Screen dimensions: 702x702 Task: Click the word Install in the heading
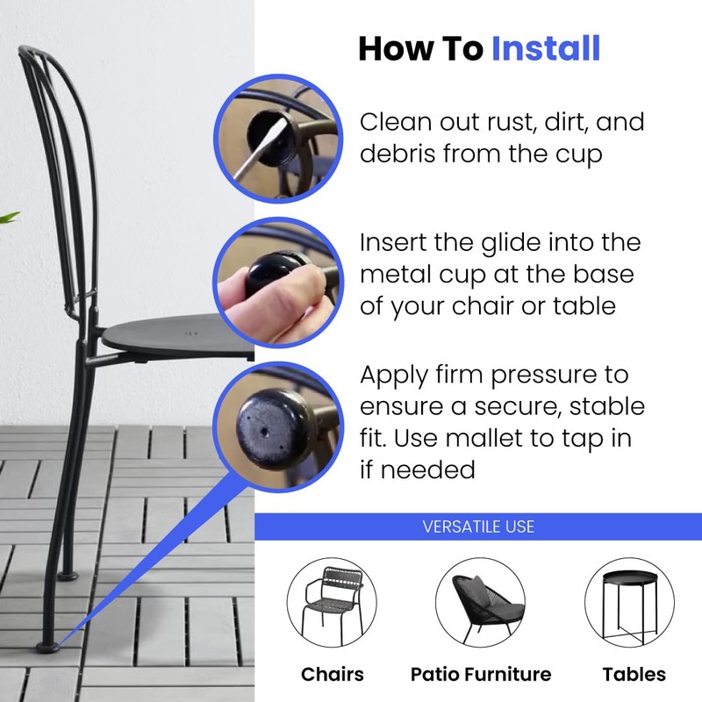click(x=545, y=48)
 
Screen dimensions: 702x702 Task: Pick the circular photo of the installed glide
click(x=277, y=424)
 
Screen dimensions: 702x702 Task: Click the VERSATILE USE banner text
click(x=478, y=526)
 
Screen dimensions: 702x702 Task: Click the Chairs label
click(x=332, y=674)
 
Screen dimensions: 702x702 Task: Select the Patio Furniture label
click(x=480, y=674)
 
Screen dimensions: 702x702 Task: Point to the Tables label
click(x=634, y=674)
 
